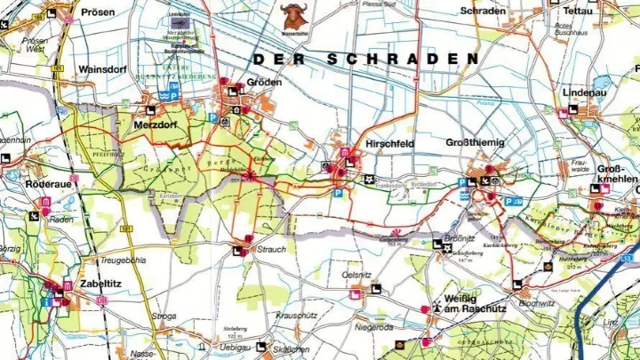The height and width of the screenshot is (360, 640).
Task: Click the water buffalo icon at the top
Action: pyautogui.click(x=295, y=14)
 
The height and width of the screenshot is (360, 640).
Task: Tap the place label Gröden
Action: pyautogui.click(x=265, y=82)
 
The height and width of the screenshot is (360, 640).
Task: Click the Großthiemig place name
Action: pyautogui.click(x=479, y=142)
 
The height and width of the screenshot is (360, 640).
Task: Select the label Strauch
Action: pyautogui.click(x=271, y=250)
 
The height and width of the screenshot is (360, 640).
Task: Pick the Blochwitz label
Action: pyautogui.click(x=538, y=302)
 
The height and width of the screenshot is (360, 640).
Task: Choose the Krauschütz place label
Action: pyautogui.click(x=297, y=316)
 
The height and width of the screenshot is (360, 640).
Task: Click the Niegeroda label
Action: pyautogui.click(x=372, y=326)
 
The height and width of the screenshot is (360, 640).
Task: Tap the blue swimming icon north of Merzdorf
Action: pyautogui.click(x=163, y=94)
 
